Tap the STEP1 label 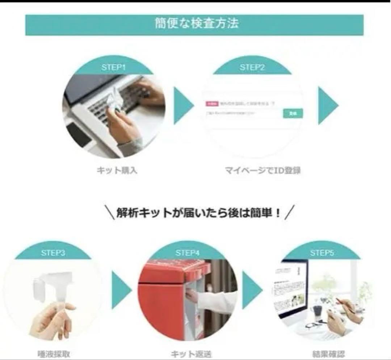(114, 67)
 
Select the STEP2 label (252, 67)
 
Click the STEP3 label (53, 253)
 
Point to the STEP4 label (188, 253)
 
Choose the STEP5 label (321, 253)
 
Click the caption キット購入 (117, 171)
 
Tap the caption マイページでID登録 (262, 171)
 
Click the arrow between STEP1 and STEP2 (183, 105)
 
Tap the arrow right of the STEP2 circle (328, 105)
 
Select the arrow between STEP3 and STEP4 (121, 290)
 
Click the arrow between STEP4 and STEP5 (252, 290)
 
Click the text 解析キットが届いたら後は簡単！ (198, 213)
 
